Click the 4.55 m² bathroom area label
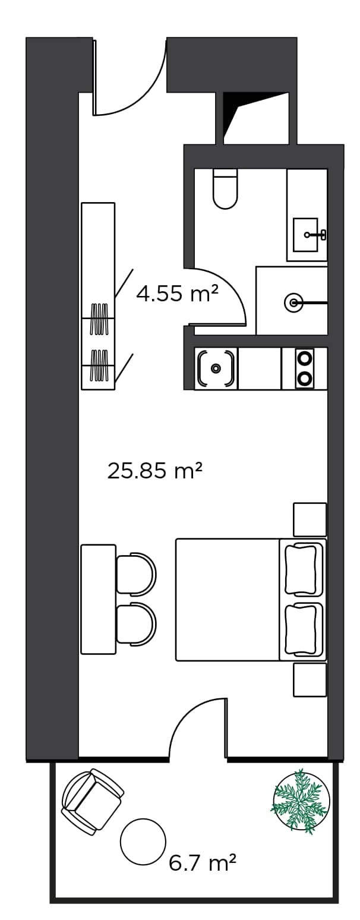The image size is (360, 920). [177, 294]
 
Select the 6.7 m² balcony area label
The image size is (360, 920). [203, 862]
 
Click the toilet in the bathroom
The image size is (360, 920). [225, 189]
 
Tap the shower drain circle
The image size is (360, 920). [293, 303]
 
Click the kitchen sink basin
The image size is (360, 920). [216, 368]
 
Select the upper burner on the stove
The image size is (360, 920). [305, 358]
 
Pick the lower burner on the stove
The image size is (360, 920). [305, 378]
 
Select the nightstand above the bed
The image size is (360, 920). [310, 519]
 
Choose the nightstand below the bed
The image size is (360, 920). [310, 680]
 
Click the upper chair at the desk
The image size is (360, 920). [135, 574]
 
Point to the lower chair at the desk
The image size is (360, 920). [135, 623]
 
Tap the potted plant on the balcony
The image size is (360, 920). [301, 801]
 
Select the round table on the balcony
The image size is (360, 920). [143, 841]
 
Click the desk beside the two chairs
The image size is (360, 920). [98, 599]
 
